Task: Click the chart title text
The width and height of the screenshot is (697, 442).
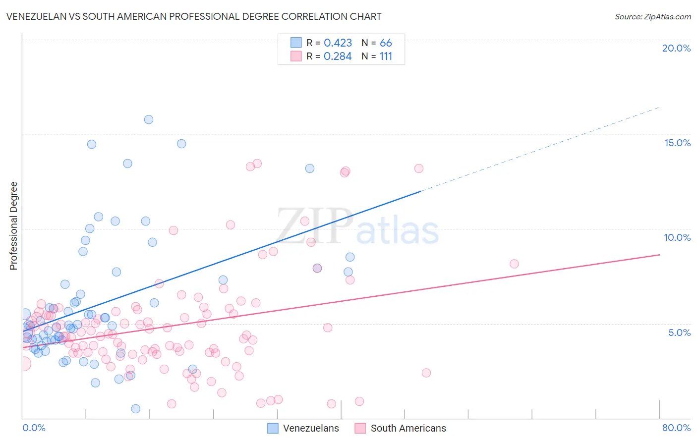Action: pyautogui.click(x=194, y=16)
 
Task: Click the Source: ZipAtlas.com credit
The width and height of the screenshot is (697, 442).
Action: pyautogui.click(x=652, y=16)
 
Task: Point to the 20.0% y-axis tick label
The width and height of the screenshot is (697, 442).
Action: pyautogui.click(x=676, y=48)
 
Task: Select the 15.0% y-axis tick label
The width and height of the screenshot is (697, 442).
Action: pyautogui.click(x=677, y=143)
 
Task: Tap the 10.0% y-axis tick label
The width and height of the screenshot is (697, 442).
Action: pyautogui.click(x=677, y=237)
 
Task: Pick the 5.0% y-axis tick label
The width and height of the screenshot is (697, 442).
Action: pyautogui.click(x=679, y=332)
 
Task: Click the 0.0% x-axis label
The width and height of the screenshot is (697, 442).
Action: pyautogui.click(x=34, y=428)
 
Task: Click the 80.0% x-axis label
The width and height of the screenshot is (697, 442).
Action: pyautogui.click(x=676, y=428)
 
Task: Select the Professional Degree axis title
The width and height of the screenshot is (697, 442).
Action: pyautogui.click(x=13, y=226)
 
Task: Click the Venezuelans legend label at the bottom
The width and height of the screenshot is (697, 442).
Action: pyautogui.click(x=311, y=428)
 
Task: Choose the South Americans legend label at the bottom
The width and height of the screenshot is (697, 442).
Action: pyautogui.click(x=408, y=428)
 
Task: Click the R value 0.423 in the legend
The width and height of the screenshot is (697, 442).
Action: pyautogui.click(x=338, y=43)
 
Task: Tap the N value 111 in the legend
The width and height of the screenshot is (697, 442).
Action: pyautogui.click(x=386, y=56)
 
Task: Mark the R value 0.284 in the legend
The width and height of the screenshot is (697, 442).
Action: pyautogui.click(x=338, y=56)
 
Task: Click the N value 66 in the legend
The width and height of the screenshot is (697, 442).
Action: pyautogui.click(x=386, y=43)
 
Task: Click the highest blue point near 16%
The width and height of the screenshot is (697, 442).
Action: pyautogui.click(x=149, y=119)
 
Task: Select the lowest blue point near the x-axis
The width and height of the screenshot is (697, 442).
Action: pyautogui.click(x=135, y=409)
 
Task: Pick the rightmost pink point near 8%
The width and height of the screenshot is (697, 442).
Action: pyautogui.click(x=514, y=264)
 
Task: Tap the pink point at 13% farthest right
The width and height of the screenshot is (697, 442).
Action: pyautogui.click(x=419, y=168)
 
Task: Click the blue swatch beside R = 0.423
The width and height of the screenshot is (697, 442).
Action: pyautogui.click(x=296, y=43)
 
